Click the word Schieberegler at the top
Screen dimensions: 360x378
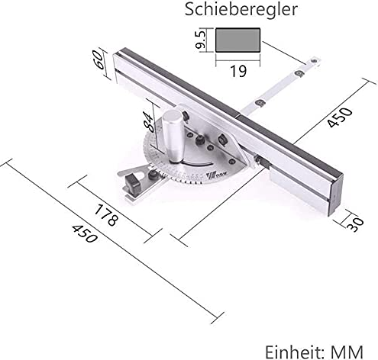231,10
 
